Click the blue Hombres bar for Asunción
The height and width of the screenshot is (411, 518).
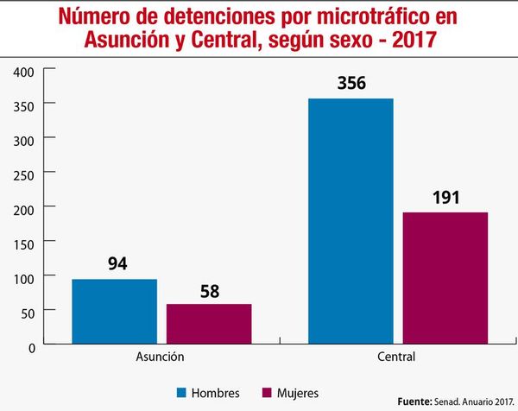(114, 312)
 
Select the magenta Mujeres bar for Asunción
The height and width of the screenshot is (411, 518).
(209, 325)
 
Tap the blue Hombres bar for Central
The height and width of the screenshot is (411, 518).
(351, 222)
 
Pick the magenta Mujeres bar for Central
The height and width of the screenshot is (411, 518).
(445, 279)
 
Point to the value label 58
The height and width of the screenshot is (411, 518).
(209, 290)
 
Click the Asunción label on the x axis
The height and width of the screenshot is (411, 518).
(161, 356)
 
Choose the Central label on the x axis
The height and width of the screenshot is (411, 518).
(397, 356)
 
